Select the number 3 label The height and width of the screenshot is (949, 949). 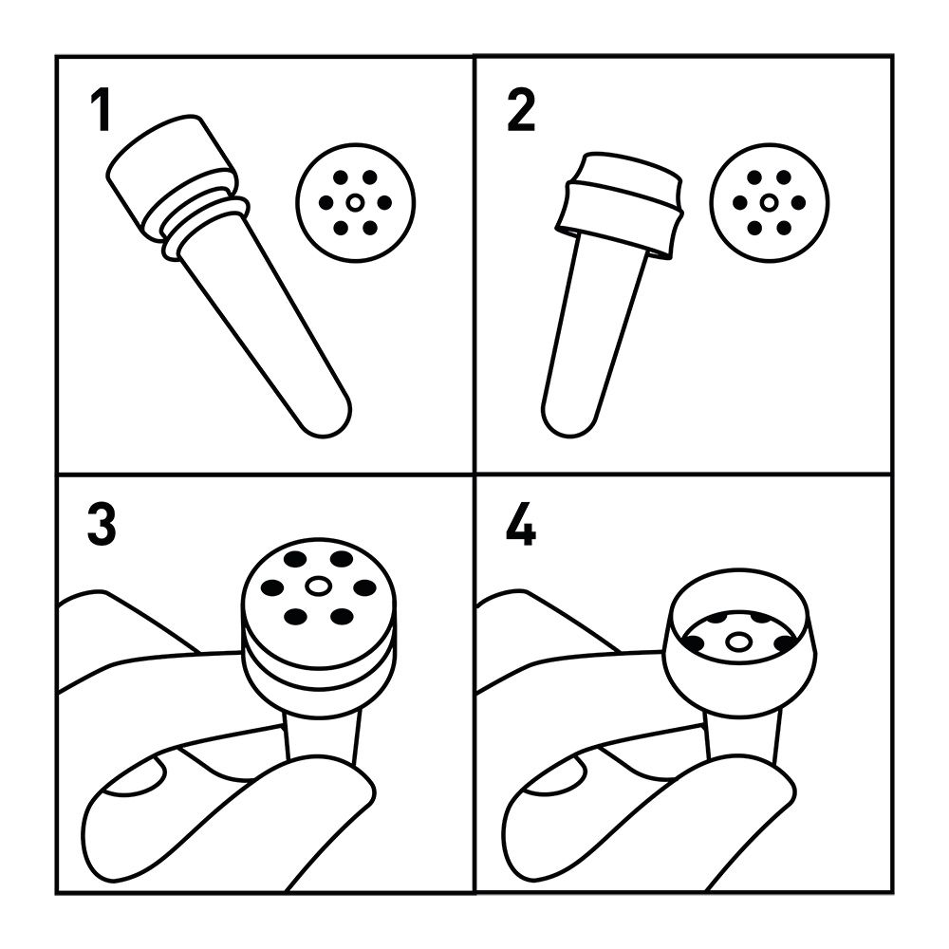(x=102, y=524)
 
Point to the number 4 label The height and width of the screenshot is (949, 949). (x=520, y=524)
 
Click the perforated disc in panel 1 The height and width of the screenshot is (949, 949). (x=356, y=203)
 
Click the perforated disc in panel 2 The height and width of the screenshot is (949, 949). (x=770, y=203)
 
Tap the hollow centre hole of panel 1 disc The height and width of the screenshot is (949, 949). (x=356, y=203)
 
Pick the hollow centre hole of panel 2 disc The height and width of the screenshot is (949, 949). (x=770, y=203)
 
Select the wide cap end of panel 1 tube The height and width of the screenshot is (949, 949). (x=171, y=173)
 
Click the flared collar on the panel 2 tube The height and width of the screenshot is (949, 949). (x=620, y=206)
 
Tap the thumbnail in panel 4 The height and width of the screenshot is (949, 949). (x=555, y=776)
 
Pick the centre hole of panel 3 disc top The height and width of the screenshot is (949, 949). (x=318, y=586)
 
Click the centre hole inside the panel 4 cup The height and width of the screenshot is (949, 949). (x=737, y=642)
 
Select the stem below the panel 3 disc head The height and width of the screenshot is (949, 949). (x=323, y=735)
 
